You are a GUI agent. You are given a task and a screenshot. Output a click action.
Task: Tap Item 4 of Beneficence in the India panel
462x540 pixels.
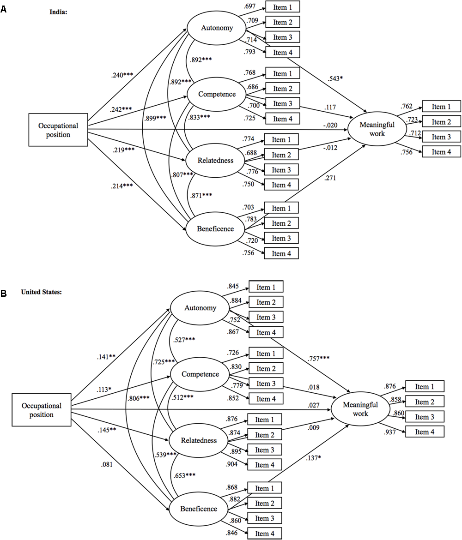281,253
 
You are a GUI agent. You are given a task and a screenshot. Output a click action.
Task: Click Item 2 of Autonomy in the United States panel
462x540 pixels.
266,302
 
